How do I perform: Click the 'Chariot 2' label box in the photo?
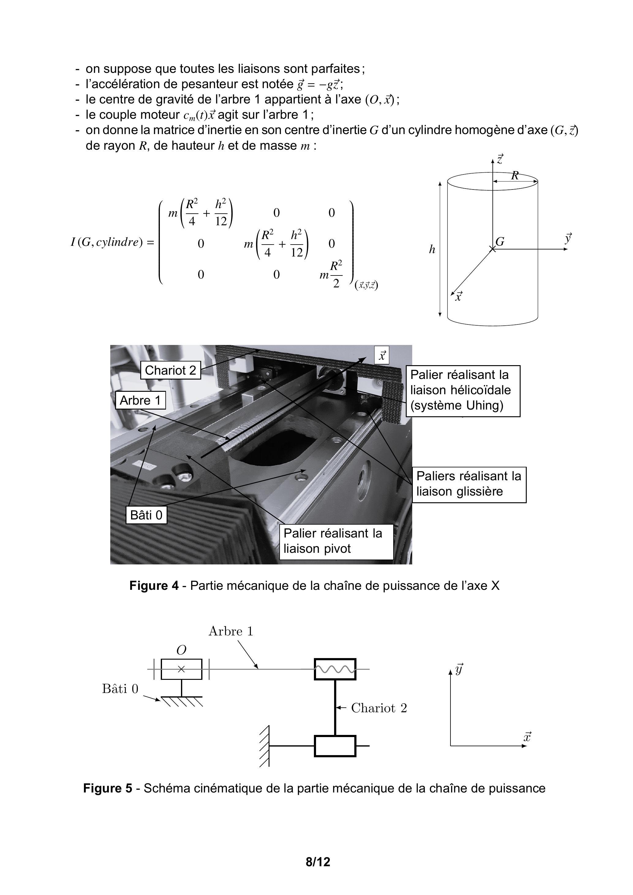pyautogui.click(x=171, y=370)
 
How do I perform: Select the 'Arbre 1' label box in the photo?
pyautogui.click(x=140, y=400)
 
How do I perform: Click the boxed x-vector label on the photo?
pyautogui.click(x=382, y=355)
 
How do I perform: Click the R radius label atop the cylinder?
pyautogui.click(x=515, y=175)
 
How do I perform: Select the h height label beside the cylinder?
pyautogui.click(x=432, y=249)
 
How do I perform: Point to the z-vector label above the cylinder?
pyautogui.click(x=499, y=159)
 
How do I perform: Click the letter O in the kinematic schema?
pyautogui.click(x=181, y=650)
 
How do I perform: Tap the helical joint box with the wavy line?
pyautogui.click(x=335, y=669)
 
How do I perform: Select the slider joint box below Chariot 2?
pyautogui.click(x=335, y=746)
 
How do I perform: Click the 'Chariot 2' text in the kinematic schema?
pyautogui.click(x=379, y=708)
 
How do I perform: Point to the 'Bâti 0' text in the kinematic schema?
pyautogui.click(x=120, y=689)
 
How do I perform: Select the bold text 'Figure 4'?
pyautogui.click(x=154, y=586)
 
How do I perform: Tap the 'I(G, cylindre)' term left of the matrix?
pyautogui.click(x=106, y=242)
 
